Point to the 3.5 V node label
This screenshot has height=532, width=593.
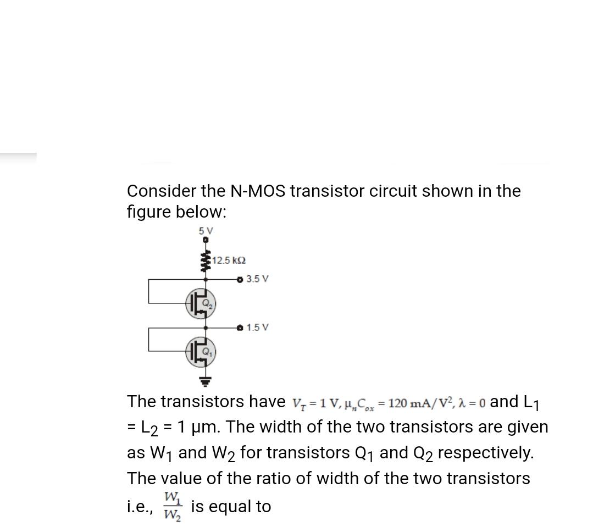pyautogui.click(x=257, y=279)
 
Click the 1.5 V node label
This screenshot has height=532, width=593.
pyautogui.click(x=257, y=328)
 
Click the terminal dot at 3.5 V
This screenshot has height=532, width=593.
pyautogui.click(x=239, y=279)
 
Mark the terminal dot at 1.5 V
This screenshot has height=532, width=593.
pyautogui.click(x=239, y=328)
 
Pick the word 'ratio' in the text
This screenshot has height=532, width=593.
pyautogui.click(x=315, y=478)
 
